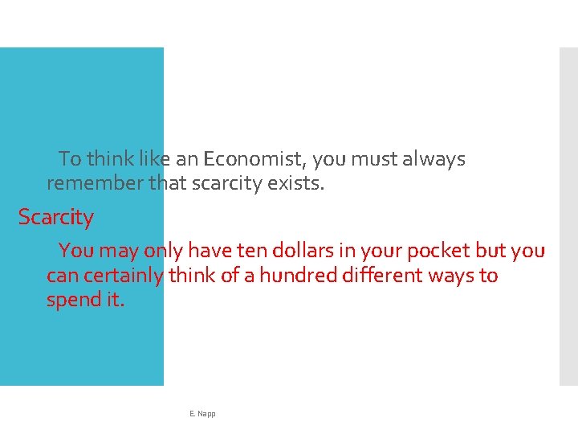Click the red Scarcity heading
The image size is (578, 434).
pos(56,217)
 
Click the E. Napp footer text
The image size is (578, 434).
pos(202,413)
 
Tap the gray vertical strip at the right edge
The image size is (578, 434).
pos(568,217)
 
